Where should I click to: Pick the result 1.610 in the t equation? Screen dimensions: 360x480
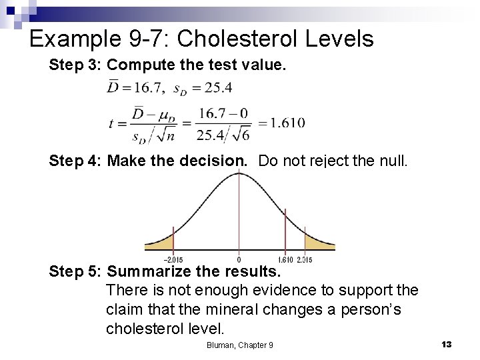click(281, 123)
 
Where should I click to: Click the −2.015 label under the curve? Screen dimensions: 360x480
click(173, 259)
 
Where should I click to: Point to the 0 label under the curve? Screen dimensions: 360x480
click(239, 259)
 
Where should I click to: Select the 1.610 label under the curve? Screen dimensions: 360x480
click(285, 259)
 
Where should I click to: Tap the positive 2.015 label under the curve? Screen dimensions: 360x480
click(304, 259)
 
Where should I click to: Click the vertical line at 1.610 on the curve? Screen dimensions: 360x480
click(285, 230)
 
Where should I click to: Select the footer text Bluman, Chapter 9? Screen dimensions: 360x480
click(239, 345)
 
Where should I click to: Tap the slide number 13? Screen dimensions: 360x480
click(447, 344)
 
